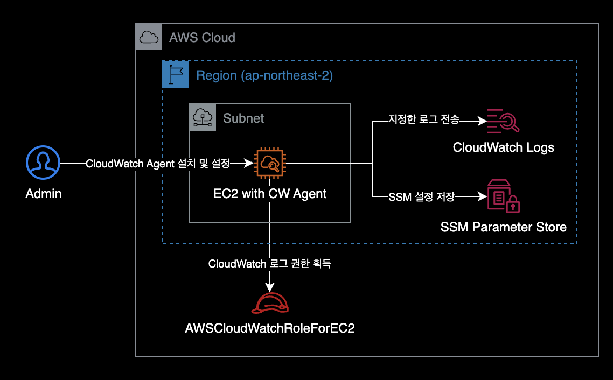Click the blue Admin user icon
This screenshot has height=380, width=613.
click(43, 163)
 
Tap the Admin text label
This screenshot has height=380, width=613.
click(44, 194)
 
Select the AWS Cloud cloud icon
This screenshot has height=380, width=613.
click(148, 37)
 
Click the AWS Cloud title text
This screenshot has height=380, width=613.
click(202, 38)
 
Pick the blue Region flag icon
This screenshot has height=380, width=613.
click(176, 74)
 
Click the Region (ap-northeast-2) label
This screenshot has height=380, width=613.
click(264, 75)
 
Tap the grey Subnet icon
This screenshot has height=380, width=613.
click(203, 117)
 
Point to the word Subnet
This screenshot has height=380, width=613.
click(243, 118)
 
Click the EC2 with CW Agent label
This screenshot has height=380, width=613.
click(270, 194)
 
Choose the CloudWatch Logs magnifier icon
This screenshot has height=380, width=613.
click(503, 121)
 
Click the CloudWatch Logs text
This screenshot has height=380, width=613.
click(504, 147)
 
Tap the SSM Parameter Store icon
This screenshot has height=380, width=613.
click(503, 196)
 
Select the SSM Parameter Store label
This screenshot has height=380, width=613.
click(504, 227)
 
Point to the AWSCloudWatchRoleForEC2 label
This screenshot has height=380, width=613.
click(270, 328)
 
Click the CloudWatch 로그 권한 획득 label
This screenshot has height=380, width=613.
click(270, 264)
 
